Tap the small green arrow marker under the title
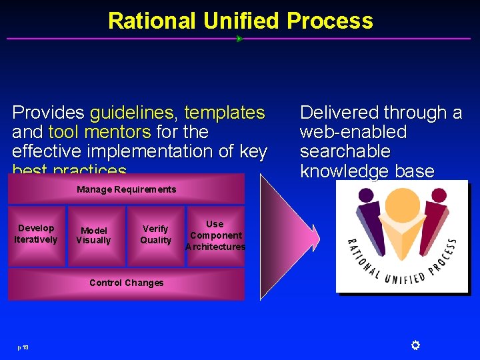pos(239,39)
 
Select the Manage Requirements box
pos(126,189)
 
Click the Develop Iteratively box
pos(36,235)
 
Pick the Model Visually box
pos(93,235)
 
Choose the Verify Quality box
pos(155,235)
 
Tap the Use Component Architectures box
pos(215,235)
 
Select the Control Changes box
pos(126,283)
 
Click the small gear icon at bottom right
pos(415,345)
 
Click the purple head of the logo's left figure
pos(366,197)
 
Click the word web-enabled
pos(353,132)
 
